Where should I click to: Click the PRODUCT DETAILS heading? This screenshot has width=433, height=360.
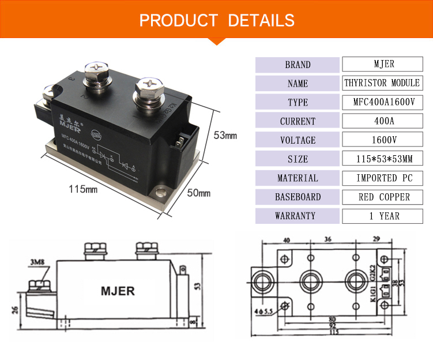[216, 21]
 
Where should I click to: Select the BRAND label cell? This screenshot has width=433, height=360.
[298, 65]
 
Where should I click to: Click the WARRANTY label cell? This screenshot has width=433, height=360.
[298, 216]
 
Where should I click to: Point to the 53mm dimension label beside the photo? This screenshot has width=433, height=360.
[225, 136]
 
